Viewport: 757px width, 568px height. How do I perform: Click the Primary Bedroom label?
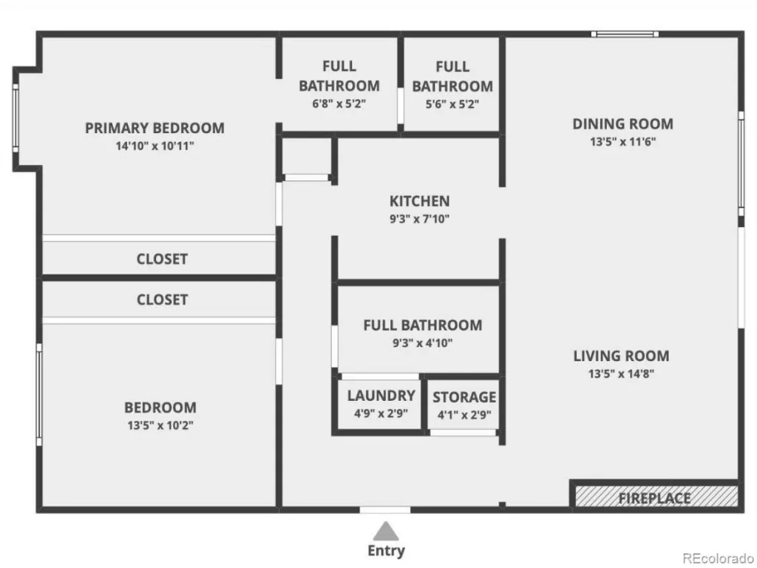tap(155, 128)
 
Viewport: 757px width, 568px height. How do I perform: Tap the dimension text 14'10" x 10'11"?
tap(155, 146)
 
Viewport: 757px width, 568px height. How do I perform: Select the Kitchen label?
tap(420, 201)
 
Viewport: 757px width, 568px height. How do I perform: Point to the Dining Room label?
tap(622, 124)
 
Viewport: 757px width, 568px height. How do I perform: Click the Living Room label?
tap(621, 356)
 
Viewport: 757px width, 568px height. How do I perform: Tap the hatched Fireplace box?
tap(656, 496)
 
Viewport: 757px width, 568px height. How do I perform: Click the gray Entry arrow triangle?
tap(386, 531)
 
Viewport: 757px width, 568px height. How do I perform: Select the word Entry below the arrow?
tap(386, 550)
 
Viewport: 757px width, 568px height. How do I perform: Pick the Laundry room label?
tap(381, 396)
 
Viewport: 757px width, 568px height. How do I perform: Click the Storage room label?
tap(464, 397)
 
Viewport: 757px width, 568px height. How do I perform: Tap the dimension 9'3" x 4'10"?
tap(422, 343)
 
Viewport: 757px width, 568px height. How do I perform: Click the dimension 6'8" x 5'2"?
tap(339, 104)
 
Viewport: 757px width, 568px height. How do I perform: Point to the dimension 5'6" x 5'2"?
tap(452, 104)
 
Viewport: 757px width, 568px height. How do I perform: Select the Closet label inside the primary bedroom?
tap(162, 259)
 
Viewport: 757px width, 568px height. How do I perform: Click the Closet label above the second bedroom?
tap(162, 300)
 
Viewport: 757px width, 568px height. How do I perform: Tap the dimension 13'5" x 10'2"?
tap(160, 425)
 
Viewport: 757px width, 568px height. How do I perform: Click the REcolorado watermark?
tap(719, 558)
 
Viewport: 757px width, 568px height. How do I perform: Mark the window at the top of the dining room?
tap(625, 34)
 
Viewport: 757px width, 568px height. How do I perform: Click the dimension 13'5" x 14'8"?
tap(621, 373)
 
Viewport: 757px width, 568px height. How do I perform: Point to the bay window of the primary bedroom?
tap(16, 118)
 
